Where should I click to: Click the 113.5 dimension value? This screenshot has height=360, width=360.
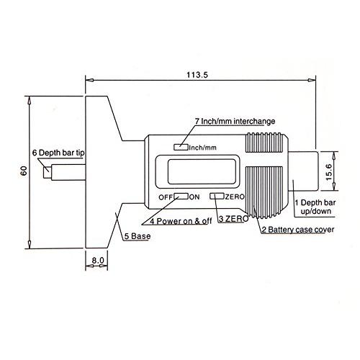pos(197,75)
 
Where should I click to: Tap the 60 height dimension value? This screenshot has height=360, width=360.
pos(24,171)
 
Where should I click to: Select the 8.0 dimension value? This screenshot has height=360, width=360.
pos(98,260)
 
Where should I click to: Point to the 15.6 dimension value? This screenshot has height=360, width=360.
pos(328,172)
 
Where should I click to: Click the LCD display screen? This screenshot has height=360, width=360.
pos(202,171)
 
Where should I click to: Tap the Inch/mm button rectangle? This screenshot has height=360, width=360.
pos(181,147)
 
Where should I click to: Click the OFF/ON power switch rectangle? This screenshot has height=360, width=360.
pos(181,196)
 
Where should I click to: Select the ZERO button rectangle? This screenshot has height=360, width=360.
pos(217,196)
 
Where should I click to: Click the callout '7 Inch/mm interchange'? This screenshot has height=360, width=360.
pos(235,122)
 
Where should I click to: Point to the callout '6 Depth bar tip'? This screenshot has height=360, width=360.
pos(58,153)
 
